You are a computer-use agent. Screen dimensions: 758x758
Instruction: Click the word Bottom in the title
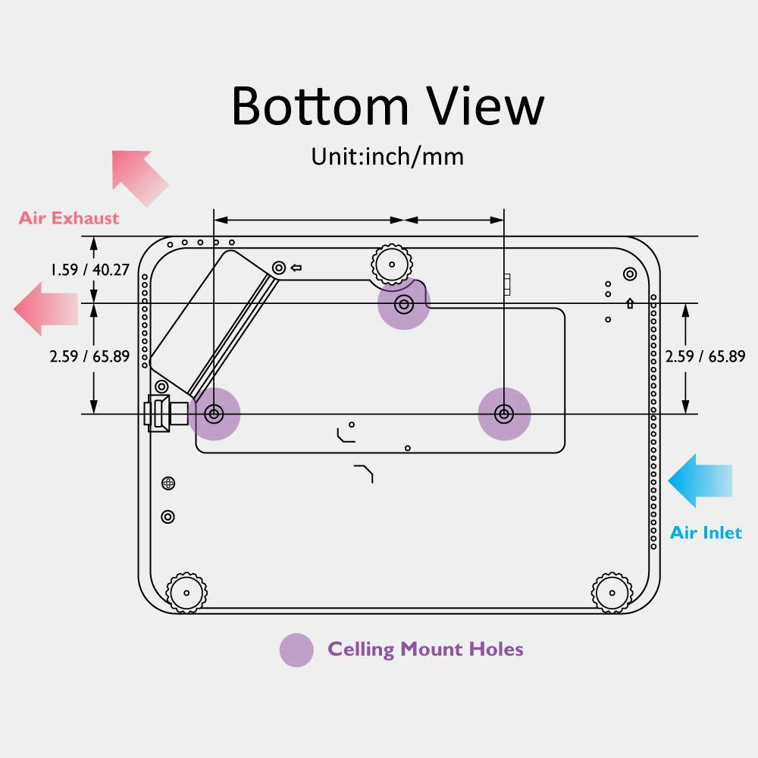[x=320, y=106]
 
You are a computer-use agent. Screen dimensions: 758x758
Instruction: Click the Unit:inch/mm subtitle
[x=387, y=157]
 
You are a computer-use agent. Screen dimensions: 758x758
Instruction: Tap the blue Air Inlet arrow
[x=700, y=481]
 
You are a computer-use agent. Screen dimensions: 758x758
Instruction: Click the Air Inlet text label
[x=706, y=533]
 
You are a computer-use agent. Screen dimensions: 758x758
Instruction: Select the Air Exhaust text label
[x=69, y=218]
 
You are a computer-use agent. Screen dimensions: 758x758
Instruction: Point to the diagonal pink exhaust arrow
[x=139, y=177]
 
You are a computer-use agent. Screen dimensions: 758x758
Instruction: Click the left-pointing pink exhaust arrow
[x=46, y=309]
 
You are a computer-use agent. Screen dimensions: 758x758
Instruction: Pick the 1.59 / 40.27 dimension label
[x=90, y=269]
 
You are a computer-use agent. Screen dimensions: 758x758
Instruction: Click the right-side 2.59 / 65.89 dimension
[x=705, y=356]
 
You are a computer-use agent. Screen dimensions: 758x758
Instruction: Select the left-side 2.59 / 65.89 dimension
[x=90, y=356]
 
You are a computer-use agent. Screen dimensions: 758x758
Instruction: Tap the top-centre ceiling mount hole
[x=404, y=304]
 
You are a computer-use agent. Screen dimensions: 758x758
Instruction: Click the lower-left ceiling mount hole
[x=214, y=414]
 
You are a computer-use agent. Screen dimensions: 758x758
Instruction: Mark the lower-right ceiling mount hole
[x=504, y=414]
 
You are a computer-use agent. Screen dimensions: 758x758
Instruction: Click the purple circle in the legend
[x=296, y=650]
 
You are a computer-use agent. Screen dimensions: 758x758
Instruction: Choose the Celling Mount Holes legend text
[x=425, y=650]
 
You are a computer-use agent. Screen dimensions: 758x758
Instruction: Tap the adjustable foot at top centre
[x=392, y=265]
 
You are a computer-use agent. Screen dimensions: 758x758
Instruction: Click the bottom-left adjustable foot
[x=186, y=593]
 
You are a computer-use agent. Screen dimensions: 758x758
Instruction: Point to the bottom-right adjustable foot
[x=612, y=593]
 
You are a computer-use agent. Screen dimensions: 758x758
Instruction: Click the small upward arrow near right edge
[x=630, y=303]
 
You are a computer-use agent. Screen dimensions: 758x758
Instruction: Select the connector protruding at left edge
[x=166, y=413]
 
